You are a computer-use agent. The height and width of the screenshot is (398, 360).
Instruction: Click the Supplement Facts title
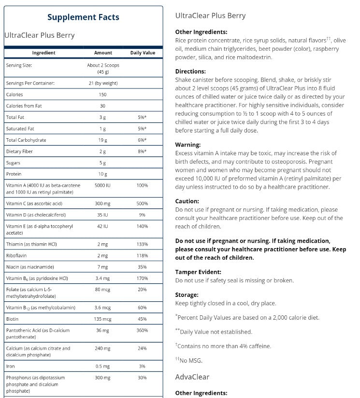[83, 17]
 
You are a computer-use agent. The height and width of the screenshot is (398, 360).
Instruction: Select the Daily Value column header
[143, 53]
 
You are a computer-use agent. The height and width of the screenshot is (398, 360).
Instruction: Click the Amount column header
[103, 53]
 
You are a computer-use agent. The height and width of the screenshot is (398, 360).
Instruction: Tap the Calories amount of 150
[103, 95]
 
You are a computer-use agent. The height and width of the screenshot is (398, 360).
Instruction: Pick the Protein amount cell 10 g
[103, 174]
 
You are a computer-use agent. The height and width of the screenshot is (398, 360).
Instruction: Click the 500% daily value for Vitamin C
[143, 203]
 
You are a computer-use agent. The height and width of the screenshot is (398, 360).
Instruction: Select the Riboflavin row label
[17, 255]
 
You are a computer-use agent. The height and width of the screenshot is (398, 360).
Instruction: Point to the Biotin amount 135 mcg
[103, 319]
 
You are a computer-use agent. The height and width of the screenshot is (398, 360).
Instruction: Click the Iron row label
[10, 366]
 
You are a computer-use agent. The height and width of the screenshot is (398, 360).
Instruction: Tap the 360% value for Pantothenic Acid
[143, 331]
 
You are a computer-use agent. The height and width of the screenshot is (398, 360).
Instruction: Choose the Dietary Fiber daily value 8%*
[143, 151]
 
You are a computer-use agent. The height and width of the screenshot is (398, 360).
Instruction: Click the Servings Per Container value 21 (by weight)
[103, 83]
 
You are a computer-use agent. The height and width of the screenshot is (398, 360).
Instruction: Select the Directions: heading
[191, 71]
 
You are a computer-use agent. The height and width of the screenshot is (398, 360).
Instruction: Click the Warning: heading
[188, 145]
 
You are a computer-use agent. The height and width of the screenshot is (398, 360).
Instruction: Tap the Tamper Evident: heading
[198, 272]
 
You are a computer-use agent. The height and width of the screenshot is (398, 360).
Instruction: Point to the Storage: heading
[187, 295]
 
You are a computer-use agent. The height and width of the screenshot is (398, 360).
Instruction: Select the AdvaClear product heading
[192, 377]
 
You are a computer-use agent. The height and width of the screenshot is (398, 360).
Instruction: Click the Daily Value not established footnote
[216, 332]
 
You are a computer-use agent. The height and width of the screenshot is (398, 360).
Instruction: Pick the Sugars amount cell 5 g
[103, 163]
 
